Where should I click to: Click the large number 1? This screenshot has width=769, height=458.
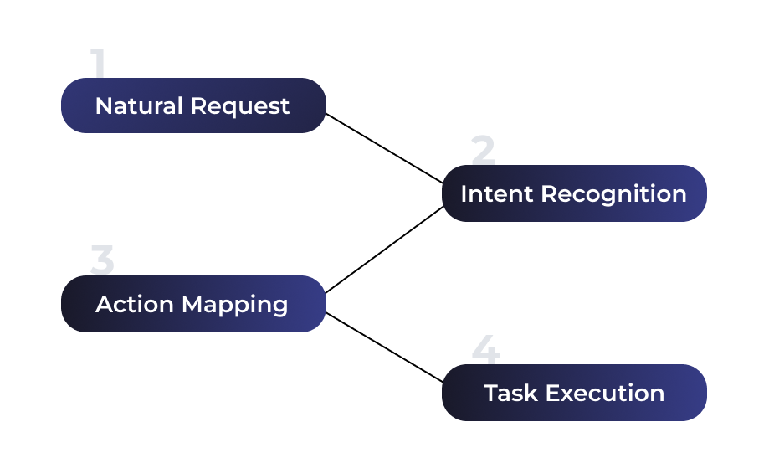point(99,64)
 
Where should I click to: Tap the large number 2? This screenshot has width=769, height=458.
point(483,151)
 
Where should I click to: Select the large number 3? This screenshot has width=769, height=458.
point(102,261)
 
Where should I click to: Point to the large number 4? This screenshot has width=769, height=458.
point(485,350)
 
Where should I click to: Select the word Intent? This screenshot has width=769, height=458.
point(496,193)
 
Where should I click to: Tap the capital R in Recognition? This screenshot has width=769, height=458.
point(549,193)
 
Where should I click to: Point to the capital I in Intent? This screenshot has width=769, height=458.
point(464,193)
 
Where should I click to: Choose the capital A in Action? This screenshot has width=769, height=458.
point(104,304)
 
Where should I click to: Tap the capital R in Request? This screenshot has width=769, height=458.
point(198,106)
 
